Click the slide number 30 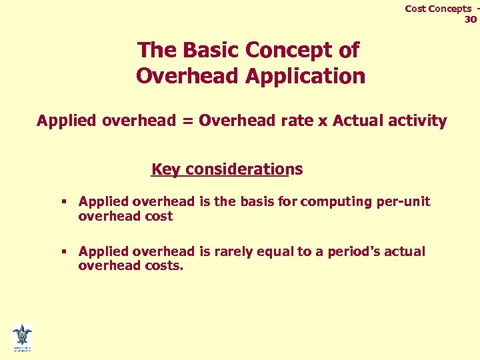tap(471, 19)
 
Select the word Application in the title tap(305, 76)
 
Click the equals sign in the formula tap(187, 121)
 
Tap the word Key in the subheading tap(166, 169)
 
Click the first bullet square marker tap(65, 201)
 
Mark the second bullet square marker tap(65, 251)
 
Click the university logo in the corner tap(21, 337)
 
